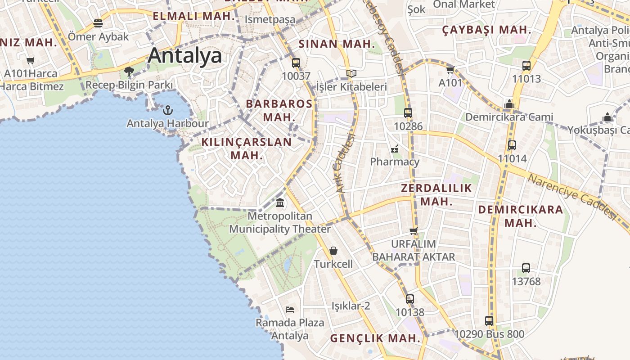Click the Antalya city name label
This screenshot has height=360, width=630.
point(184,56)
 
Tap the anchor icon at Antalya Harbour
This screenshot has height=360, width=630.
point(167,110)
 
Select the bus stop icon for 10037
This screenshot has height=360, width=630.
point(296,63)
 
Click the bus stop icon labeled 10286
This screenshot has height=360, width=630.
point(408,113)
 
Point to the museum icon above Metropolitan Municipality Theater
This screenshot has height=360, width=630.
point(280,203)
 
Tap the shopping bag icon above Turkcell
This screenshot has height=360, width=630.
point(333,251)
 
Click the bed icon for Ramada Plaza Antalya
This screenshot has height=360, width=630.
point(290,309)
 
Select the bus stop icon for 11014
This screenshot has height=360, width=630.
point(512,145)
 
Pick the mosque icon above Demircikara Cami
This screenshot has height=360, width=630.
point(509,104)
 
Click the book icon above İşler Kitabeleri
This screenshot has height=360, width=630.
point(351,73)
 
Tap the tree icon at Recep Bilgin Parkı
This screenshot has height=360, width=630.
point(129,71)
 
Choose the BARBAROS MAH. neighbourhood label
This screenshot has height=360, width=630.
point(279,110)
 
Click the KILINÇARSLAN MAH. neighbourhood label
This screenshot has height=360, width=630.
point(246,148)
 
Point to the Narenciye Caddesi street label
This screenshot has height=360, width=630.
point(571,197)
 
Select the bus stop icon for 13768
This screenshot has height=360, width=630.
point(526,268)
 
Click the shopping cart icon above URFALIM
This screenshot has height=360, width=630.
point(413,231)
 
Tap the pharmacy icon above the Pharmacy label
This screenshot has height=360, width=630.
point(395,148)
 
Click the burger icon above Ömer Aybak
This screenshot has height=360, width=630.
point(98,23)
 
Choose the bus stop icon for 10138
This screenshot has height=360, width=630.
point(409,299)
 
